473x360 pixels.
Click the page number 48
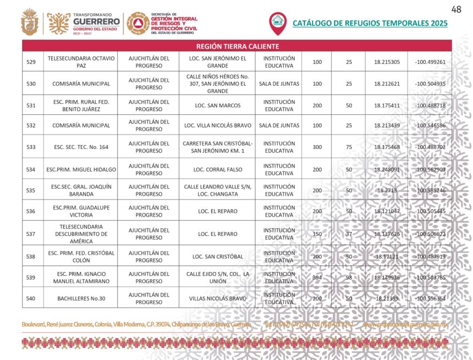tap(456, 9)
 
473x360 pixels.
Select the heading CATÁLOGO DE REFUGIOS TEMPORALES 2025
tap(370, 23)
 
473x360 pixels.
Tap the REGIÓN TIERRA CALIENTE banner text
tap(237, 46)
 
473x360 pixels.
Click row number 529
tap(31, 62)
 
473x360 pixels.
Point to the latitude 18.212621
tap(387, 84)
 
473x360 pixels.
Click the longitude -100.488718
tap(431, 105)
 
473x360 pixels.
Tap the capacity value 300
tap(317, 147)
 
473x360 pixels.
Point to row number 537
tap(31, 234)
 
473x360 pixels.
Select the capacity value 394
tap(317, 278)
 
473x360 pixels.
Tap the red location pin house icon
tap(278, 22)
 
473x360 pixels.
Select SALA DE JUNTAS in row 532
tap(279, 125)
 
